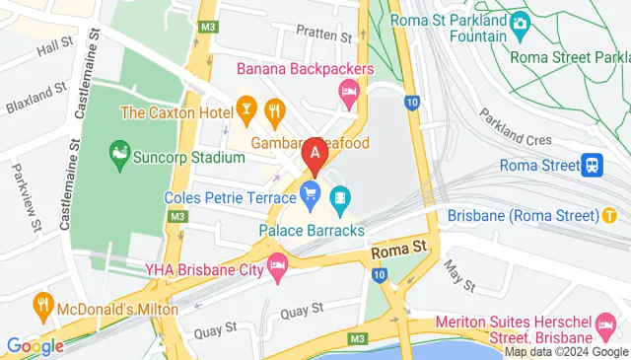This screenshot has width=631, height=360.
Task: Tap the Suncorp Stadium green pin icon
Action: tap(118, 153)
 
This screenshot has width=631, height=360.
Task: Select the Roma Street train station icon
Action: tap(593, 166)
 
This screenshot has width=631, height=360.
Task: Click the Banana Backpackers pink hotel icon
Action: tap(347, 93)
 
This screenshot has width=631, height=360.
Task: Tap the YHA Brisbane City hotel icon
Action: tap(278, 264)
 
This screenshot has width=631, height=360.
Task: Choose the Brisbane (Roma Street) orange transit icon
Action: tap(610, 215)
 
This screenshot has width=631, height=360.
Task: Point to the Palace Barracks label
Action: tap(312, 231)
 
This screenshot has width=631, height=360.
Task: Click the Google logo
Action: tap(35, 346)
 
